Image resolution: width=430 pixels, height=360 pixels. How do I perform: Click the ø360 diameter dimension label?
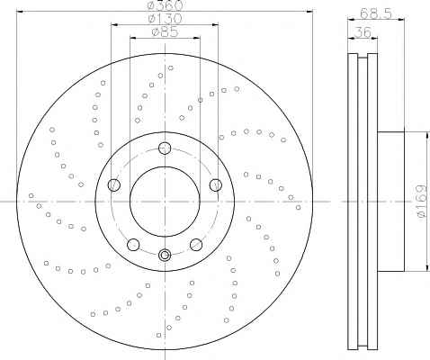(x=166, y=4)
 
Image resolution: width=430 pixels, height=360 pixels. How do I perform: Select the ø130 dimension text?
(x=166, y=19)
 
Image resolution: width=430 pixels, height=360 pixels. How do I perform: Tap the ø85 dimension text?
(x=165, y=31)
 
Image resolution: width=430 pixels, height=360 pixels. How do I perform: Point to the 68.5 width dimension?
(x=376, y=13)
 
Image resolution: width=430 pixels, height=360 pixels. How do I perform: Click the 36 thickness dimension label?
(x=363, y=32)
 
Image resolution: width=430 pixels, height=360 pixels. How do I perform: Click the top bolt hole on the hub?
(x=165, y=148)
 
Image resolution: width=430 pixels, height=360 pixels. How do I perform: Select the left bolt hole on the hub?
(x=114, y=184)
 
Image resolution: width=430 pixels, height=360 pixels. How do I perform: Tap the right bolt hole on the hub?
(x=216, y=184)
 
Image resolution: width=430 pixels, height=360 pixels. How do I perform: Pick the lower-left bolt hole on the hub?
(x=133, y=245)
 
